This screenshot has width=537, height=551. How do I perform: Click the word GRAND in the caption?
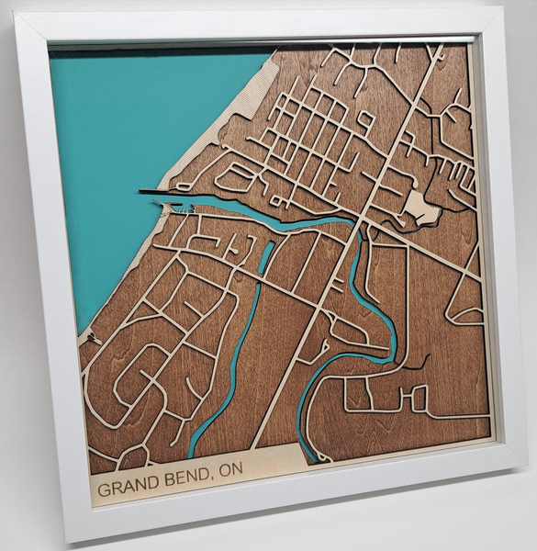126,486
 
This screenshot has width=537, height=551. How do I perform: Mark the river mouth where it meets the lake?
184,200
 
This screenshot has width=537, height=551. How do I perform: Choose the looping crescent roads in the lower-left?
138,386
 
